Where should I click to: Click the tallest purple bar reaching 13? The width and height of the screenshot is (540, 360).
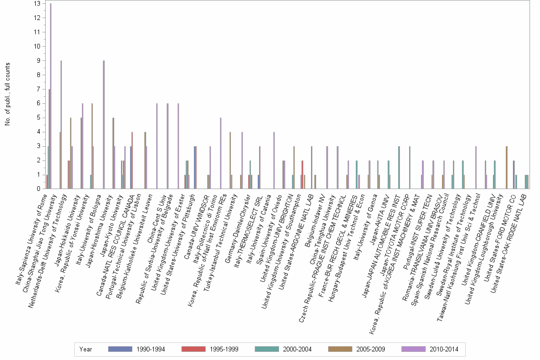click(x=51, y=95)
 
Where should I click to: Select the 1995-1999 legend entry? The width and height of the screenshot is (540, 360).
click(x=224, y=350)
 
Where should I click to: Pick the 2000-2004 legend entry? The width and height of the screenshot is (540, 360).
click(x=297, y=350)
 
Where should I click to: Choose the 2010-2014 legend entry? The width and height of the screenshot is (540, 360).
click(x=443, y=350)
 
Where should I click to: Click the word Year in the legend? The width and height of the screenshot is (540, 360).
click(x=86, y=350)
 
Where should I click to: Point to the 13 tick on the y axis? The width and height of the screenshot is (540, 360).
click(x=37, y=4)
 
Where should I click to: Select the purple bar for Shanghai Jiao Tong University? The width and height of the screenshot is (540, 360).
click(x=61, y=125)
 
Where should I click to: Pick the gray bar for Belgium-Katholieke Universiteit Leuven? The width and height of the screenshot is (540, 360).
click(x=157, y=146)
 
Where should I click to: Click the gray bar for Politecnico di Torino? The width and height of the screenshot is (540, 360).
click(x=220, y=153)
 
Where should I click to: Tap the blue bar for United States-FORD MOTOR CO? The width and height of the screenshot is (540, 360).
click(x=513, y=175)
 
